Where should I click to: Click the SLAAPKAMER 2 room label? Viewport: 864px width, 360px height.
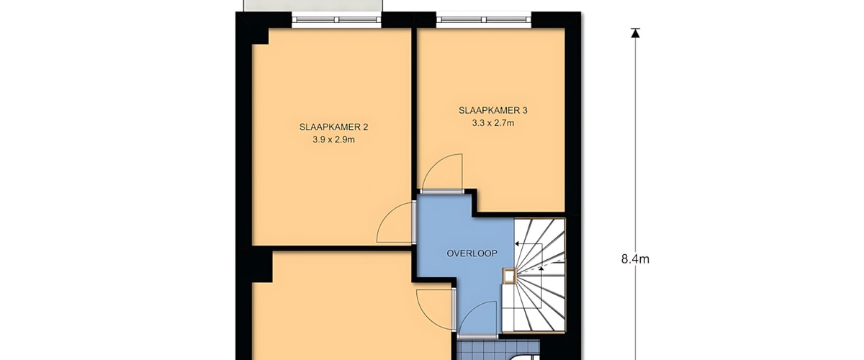[x=333, y=127]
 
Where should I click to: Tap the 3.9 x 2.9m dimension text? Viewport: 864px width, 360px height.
[x=333, y=140]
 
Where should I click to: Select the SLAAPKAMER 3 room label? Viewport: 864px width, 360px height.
[x=493, y=110]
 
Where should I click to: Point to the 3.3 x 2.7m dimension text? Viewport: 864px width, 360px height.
[x=493, y=123]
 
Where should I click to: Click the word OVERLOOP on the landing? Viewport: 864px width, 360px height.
[x=472, y=253]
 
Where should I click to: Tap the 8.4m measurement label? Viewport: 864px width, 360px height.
[x=635, y=259]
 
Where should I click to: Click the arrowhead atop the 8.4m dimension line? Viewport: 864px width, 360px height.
[x=636, y=33]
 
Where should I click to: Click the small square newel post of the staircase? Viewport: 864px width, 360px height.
[x=509, y=276]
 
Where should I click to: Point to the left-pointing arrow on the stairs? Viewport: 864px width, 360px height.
[x=528, y=244]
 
